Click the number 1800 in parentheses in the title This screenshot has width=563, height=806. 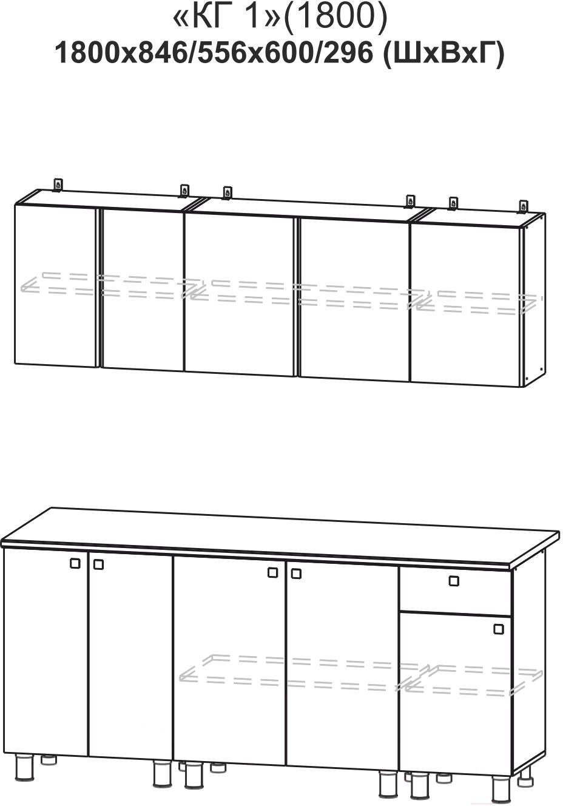(335, 18)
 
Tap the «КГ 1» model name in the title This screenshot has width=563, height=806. (227, 18)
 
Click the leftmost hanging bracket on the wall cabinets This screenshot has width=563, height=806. (58, 185)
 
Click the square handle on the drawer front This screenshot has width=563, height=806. (454, 581)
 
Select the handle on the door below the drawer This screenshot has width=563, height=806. (499, 629)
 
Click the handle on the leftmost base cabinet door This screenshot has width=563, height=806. (75, 563)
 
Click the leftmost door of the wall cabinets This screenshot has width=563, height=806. (56, 286)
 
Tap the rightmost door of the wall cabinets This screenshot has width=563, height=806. (466, 304)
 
